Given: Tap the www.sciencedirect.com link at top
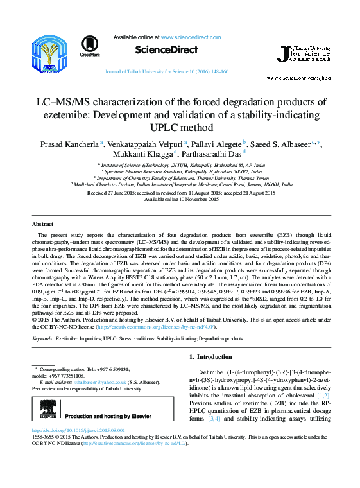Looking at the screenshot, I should [x=188, y=38].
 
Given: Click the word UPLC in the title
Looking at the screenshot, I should [x=180, y=126].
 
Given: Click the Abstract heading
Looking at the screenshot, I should [x=43, y=224].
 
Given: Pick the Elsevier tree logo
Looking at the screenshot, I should [x=46, y=407].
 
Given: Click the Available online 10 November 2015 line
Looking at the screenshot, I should [x=181, y=199].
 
